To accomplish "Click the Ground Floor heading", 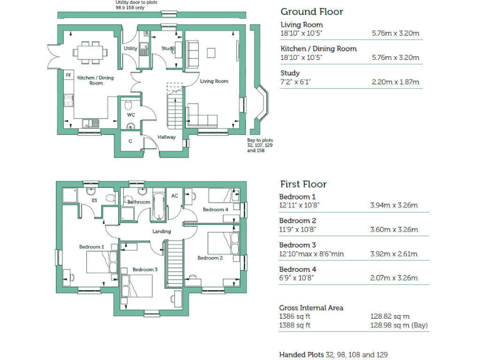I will tap(311, 11).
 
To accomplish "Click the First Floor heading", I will tap(302, 184).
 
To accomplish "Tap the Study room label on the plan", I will tap(167, 48).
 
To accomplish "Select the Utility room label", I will tap(130, 48).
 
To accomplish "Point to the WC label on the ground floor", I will tap(131, 115).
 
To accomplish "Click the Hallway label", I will tap(166, 137).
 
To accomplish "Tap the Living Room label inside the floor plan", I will tap(214, 81).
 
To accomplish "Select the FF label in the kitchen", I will tap(69, 75).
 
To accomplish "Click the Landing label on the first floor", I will tap(161, 231).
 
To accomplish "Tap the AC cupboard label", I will tap(174, 196).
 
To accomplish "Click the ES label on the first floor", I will tap(94, 201).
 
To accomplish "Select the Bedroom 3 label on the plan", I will tap(144, 269).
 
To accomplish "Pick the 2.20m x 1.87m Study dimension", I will tap(395, 82).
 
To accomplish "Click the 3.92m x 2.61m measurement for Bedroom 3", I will tap(394, 254).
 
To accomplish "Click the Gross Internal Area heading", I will tap(311, 307).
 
